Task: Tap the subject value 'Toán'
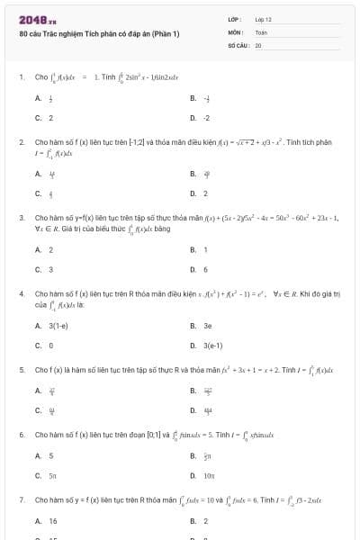coord(261,31)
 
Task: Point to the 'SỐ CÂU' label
coord(238,44)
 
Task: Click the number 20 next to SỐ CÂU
coord(258,44)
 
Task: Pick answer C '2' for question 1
coord(50,117)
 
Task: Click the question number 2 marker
coord(21,142)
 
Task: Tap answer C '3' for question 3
coord(50,268)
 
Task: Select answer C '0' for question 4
coord(50,344)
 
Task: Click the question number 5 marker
coord(21,369)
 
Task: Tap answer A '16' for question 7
coord(52,520)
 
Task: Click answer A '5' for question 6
coord(50,455)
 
